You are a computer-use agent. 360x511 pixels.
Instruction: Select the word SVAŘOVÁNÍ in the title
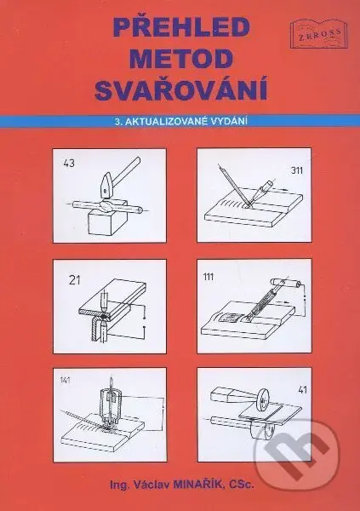[180, 89]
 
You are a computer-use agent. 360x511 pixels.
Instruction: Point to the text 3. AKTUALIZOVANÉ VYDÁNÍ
[180, 121]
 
